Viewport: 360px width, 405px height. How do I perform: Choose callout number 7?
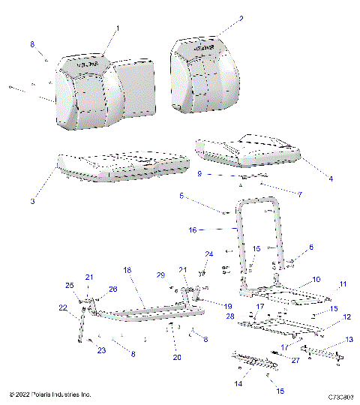coord(300,194)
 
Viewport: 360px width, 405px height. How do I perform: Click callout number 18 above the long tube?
coord(127,268)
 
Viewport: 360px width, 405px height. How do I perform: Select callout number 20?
coord(176,357)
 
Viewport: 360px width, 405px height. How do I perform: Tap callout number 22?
coord(61,307)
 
